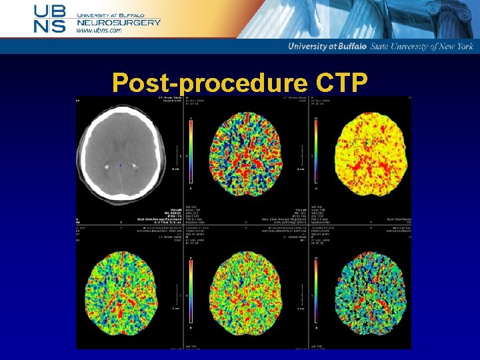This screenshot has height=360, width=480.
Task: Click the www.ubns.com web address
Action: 99,31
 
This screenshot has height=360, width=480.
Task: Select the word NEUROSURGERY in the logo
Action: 119,22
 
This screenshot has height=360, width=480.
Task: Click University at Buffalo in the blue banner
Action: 328,46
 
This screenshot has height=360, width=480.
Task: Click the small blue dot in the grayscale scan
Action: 120,165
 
